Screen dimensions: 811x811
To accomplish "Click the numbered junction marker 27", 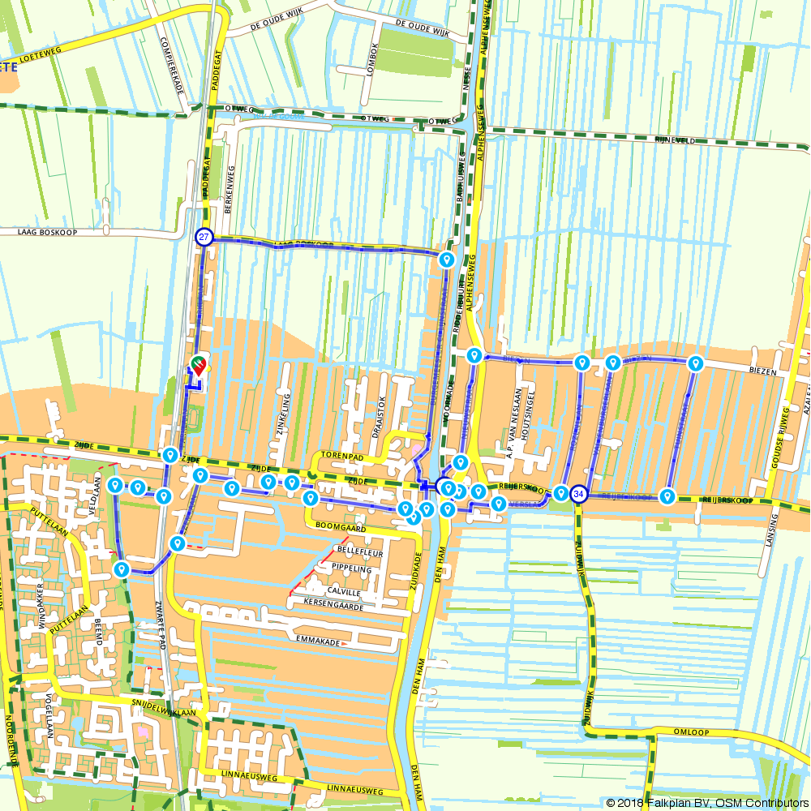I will pos(204,238).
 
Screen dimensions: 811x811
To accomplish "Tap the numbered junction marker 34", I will pos(578,494).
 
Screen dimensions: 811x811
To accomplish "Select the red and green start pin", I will pos(197,364).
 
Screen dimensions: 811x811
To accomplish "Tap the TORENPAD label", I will pos(340,457).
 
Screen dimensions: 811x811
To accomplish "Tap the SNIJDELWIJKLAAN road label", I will pos(164,708).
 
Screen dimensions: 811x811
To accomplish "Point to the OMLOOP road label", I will pos(691,732).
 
